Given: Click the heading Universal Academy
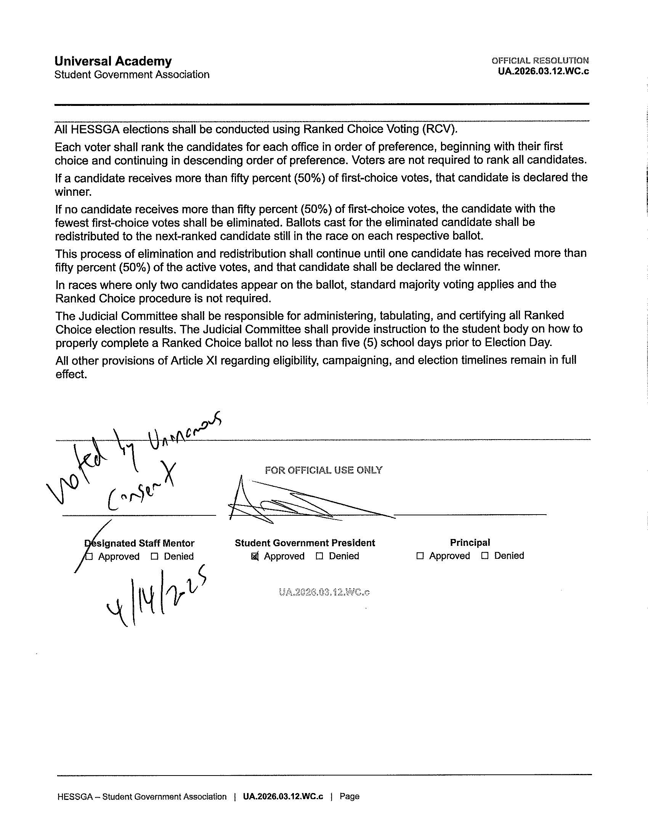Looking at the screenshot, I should pyautogui.click(x=113, y=61).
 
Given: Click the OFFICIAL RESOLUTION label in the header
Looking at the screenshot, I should pyautogui.click(x=540, y=61).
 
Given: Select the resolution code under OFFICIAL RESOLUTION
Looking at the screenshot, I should pyautogui.click(x=543, y=71).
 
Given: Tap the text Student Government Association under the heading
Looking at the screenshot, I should pyautogui.click(x=132, y=74).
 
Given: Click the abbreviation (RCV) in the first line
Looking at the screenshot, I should pyautogui.click(x=439, y=129).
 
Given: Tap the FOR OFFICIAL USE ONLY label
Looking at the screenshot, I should pyautogui.click(x=323, y=470).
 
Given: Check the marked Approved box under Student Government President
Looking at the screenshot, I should pyautogui.click(x=255, y=556).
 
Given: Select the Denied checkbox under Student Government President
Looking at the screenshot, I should pyautogui.click(x=319, y=556).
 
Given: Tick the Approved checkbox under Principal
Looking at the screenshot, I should pyautogui.click(x=420, y=556).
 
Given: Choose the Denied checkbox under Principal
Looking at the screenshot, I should pyautogui.click(x=485, y=556).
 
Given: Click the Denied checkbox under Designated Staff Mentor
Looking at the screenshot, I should pyautogui.click(x=155, y=557).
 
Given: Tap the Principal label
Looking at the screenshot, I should pyautogui.click(x=470, y=542).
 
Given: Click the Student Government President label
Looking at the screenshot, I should pyautogui.click(x=305, y=543).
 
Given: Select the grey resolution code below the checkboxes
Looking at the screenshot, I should pyautogui.click(x=324, y=592).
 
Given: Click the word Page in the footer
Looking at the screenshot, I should pyautogui.click(x=349, y=796).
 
